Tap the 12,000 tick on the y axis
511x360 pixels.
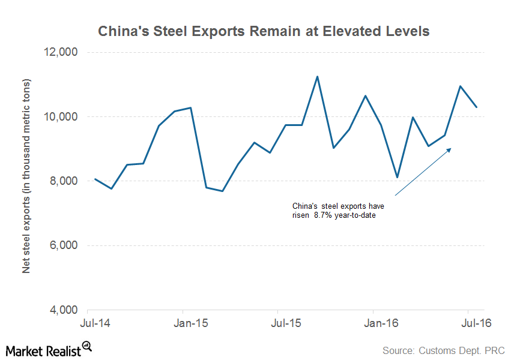pos(62,52)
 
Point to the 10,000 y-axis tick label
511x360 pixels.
pos(62,116)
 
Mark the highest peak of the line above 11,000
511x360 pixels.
pos(317,76)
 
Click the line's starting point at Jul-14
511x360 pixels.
pos(95,179)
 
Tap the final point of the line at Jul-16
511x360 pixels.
pos(476,107)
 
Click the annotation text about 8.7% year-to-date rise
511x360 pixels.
pos(339,211)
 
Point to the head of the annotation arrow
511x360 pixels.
pos(450,149)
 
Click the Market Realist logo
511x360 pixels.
pos(48,349)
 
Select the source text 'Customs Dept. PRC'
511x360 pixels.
pos(444,350)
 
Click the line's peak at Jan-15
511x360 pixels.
pos(190,108)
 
